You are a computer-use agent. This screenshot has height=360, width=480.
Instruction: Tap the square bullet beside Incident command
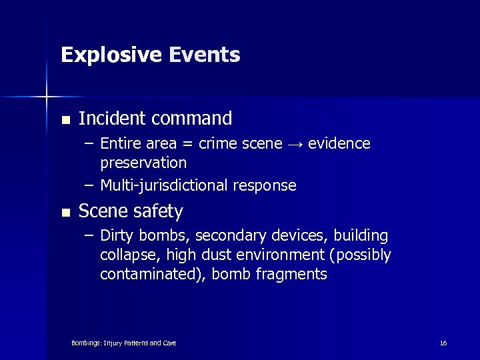coord(65,121)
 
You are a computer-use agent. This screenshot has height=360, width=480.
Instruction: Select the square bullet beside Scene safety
coord(65,213)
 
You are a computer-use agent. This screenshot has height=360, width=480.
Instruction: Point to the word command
coord(191,119)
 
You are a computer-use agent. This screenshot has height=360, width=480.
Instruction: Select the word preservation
coord(143,163)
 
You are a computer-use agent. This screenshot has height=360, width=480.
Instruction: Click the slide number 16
coord(443,343)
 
